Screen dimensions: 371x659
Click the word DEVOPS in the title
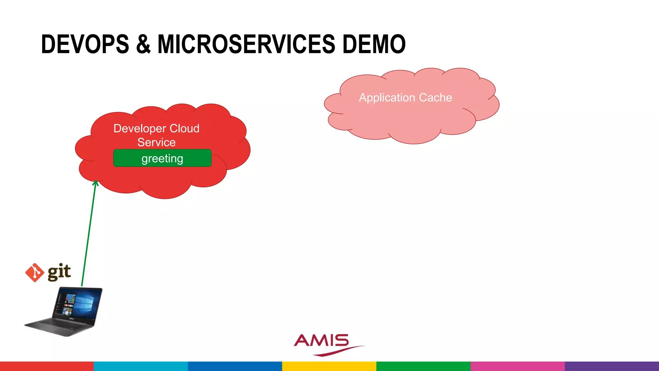pyautogui.click(x=85, y=44)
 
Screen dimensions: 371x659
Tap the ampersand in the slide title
pyautogui.click(x=143, y=44)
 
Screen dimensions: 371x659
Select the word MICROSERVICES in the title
pyautogui.click(x=246, y=44)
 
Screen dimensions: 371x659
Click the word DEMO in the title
pyautogui.click(x=374, y=44)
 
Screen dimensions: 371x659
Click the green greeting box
pyautogui.click(x=162, y=158)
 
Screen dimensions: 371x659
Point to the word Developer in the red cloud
pyautogui.click(x=140, y=128)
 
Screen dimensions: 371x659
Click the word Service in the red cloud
pyautogui.click(x=156, y=142)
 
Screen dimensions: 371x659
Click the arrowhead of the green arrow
pyautogui.click(x=96, y=183)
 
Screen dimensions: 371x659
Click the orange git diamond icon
pyautogui.click(x=34, y=272)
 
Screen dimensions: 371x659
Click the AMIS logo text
pyautogui.click(x=321, y=341)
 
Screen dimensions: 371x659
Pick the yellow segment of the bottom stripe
pyautogui.click(x=329, y=366)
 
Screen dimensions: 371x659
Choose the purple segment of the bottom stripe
pyautogui.click(x=612, y=366)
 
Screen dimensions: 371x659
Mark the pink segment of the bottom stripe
pyautogui.click(x=517, y=366)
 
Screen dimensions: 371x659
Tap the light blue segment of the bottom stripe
pyautogui.click(x=141, y=366)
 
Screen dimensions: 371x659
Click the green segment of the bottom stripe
pyautogui.click(x=423, y=366)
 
